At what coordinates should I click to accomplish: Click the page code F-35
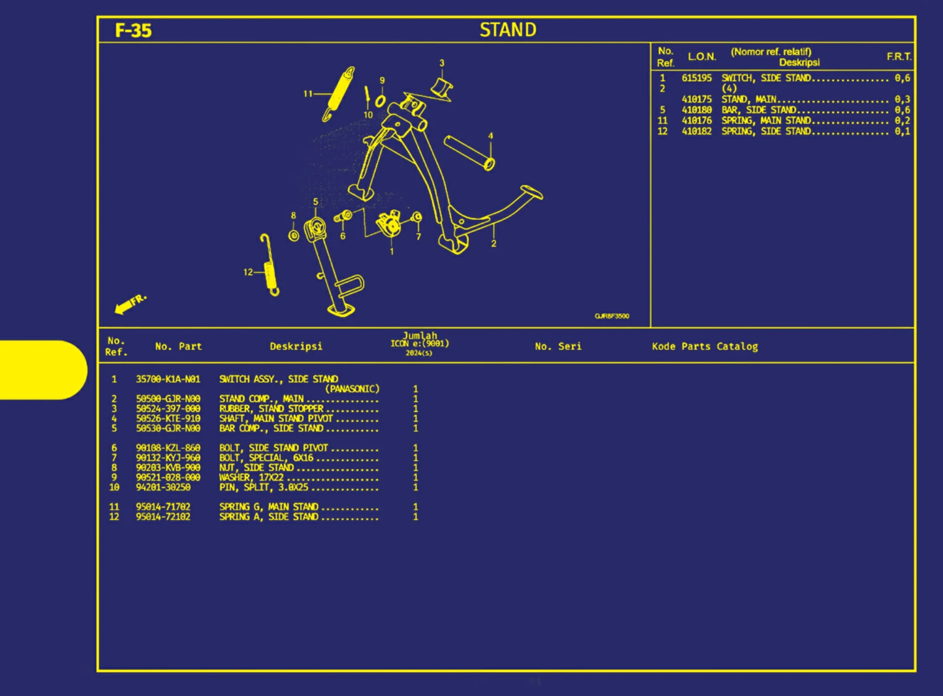click(x=133, y=30)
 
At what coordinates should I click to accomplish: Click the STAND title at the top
click(x=508, y=30)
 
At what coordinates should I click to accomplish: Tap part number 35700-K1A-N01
click(x=168, y=379)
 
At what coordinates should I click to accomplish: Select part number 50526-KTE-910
click(x=168, y=419)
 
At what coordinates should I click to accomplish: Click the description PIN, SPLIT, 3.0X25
click(x=264, y=487)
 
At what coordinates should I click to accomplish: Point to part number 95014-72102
click(x=163, y=517)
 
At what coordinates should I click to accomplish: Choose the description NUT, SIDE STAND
click(x=256, y=467)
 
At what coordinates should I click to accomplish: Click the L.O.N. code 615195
click(x=696, y=78)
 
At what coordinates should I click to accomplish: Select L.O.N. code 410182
click(x=696, y=131)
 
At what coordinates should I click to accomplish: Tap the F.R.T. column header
click(x=899, y=57)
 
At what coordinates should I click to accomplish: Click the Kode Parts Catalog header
click(x=705, y=346)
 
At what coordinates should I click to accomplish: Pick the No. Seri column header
click(x=558, y=346)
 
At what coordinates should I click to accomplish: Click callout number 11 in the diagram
click(x=308, y=94)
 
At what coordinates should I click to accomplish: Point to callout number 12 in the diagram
click(x=247, y=272)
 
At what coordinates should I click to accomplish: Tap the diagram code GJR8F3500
click(x=612, y=316)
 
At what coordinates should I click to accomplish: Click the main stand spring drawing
click(x=339, y=93)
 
